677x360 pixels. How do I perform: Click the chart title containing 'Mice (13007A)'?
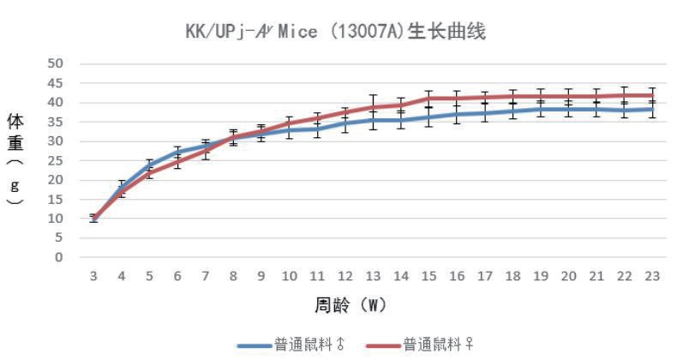(x=337, y=32)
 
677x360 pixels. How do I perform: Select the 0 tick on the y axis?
(x=59, y=257)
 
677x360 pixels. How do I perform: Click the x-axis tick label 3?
(x=93, y=276)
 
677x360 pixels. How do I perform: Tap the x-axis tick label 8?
(x=233, y=276)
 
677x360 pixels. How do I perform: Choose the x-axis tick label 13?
(x=373, y=276)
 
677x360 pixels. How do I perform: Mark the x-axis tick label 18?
(x=512, y=276)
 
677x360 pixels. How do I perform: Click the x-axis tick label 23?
(x=652, y=276)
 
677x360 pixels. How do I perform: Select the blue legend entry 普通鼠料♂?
(x=296, y=345)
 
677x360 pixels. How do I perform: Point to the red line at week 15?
(x=428, y=99)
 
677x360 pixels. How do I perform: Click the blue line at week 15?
(x=428, y=117)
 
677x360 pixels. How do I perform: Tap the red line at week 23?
(x=652, y=95)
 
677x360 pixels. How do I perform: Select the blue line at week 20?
(x=568, y=110)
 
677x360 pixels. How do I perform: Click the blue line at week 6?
(x=177, y=153)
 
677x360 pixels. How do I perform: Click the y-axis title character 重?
(x=15, y=141)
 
